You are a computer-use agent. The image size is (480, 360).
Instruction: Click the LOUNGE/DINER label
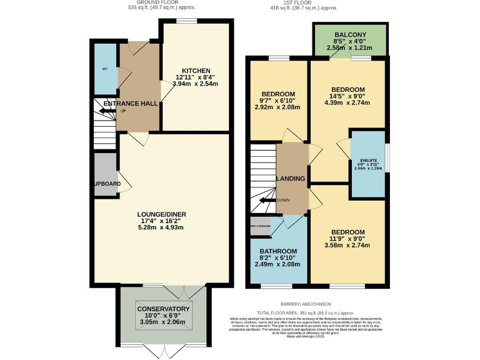point(161,214)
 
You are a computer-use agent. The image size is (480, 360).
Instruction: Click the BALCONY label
point(350,34)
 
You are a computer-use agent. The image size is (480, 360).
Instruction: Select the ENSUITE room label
point(367,161)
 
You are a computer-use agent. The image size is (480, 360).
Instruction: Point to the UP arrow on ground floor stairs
point(110,111)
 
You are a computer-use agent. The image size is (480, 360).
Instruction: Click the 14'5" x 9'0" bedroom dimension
point(347,96)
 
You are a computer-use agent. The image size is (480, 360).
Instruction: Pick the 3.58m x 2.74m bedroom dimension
point(347,245)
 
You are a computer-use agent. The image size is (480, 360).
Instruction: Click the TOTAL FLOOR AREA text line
point(304,312)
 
